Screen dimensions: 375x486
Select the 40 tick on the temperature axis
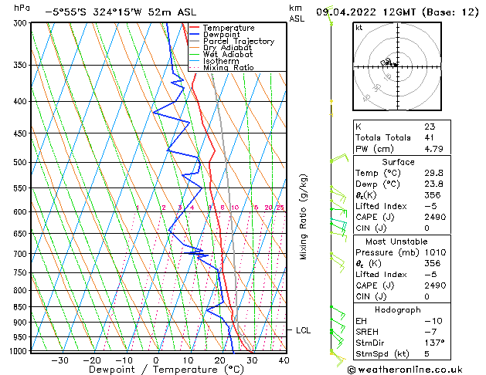pos(284,360)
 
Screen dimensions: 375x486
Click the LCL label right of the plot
pos(304,330)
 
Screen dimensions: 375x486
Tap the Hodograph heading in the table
pos(399,309)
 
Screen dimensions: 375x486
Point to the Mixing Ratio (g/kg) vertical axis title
pos(303,216)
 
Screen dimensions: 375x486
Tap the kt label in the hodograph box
pos(359,28)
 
